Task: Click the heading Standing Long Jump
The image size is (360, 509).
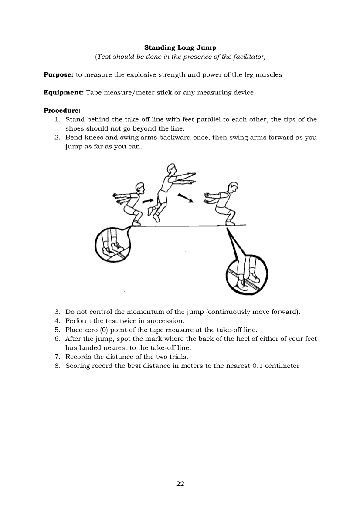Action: click(x=180, y=47)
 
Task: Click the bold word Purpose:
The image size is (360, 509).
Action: click(x=58, y=75)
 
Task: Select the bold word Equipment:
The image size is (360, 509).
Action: click(x=64, y=93)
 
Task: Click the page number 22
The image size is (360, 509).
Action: click(x=180, y=484)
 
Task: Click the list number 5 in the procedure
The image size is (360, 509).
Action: click(x=57, y=330)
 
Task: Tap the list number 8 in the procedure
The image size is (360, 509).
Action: click(x=57, y=366)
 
